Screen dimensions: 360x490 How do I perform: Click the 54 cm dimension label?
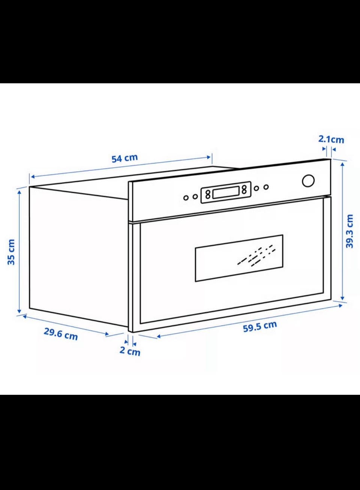pos(124,158)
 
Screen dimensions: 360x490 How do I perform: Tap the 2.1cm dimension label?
pos(331,139)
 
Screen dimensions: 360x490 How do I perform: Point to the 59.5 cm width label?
pos(260,327)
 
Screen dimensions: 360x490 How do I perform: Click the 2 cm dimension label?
pos(130,351)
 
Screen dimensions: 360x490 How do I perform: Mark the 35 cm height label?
pos(11,252)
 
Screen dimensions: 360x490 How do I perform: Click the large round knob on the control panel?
pos(308,181)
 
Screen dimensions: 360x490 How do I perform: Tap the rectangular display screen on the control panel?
pos(226,193)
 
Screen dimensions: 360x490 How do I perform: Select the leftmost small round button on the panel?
pos(186,198)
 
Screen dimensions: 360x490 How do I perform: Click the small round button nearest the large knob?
pos(266,187)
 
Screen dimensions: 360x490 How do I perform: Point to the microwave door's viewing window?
pos(239,258)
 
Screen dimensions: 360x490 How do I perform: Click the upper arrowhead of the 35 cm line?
pos(19,193)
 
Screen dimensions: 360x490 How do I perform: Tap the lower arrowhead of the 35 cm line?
pos(19,311)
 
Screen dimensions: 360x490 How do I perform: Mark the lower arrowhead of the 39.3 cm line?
pos(343,298)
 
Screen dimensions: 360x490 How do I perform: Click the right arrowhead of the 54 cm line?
pos(209,157)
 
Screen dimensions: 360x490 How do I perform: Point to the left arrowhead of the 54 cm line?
pos(33,177)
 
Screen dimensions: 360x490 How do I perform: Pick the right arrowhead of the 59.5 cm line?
pos(340,306)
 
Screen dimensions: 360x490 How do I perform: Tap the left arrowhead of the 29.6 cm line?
pos(25,316)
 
